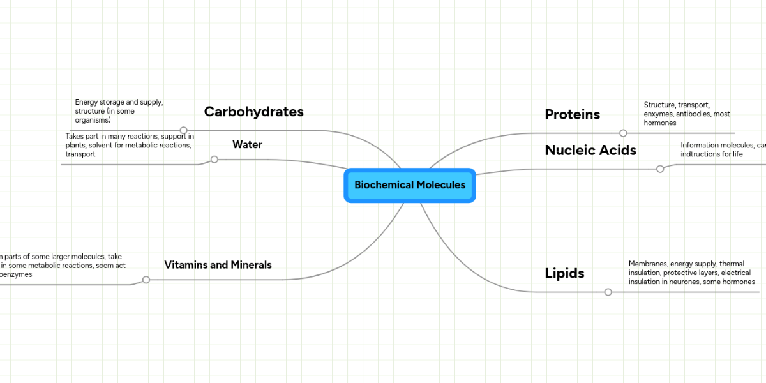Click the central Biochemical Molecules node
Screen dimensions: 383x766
[x=410, y=185]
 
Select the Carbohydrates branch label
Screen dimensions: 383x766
[x=253, y=112]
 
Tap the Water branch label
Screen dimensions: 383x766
[x=247, y=145]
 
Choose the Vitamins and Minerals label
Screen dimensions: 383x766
[x=218, y=265]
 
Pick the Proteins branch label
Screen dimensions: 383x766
[x=572, y=115]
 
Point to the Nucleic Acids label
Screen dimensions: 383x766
[x=590, y=151]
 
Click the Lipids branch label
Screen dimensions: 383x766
[x=564, y=274]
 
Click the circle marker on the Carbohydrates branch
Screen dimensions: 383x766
[x=184, y=130]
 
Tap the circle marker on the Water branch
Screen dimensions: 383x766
[x=214, y=160]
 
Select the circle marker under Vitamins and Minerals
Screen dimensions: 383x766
[x=146, y=280]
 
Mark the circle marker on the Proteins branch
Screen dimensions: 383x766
[x=623, y=133]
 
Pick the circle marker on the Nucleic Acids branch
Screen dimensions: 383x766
[x=660, y=169]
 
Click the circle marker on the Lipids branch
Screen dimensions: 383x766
[x=608, y=292]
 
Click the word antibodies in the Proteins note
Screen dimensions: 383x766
[x=693, y=114]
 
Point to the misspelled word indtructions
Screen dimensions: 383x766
[x=702, y=154]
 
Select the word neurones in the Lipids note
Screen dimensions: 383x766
[x=684, y=282]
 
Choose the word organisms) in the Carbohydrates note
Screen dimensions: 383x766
[x=93, y=120]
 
